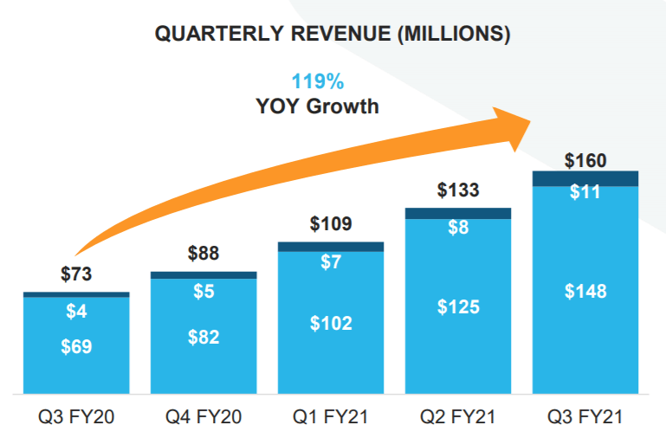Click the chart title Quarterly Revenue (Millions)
click(x=332, y=35)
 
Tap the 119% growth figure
click(x=317, y=82)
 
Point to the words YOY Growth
click(x=317, y=106)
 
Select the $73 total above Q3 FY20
click(x=76, y=274)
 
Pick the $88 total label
click(x=204, y=254)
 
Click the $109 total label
click(x=331, y=224)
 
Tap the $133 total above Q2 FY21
click(x=458, y=190)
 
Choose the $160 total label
click(x=585, y=160)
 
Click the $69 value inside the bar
click(x=76, y=347)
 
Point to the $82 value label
click(x=204, y=338)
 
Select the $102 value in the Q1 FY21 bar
click(x=331, y=324)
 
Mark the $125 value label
click(x=458, y=306)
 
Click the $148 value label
click(x=585, y=291)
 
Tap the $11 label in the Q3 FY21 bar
click(x=585, y=192)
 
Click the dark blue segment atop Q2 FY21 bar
click(x=458, y=213)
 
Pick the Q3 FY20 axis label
click(x=76, y=417)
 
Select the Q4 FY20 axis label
click(x=204, y=417)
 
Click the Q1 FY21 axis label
click(x=331, y=417)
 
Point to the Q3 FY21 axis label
click(x=585, y=417)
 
